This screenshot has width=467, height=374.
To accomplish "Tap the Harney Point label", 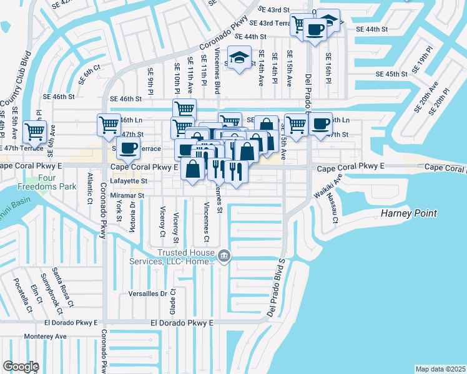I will coord(408,214).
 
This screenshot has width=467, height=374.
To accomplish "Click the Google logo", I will coord(21,367).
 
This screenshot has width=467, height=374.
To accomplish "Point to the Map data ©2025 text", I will coord(440,369).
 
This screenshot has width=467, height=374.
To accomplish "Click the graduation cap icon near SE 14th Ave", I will coord(238,58).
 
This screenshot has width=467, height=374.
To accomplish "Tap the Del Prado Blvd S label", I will coord(276,287).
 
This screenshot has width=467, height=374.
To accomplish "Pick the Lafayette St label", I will coord(129,181).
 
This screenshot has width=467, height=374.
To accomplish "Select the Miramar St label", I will coord(127,195).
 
